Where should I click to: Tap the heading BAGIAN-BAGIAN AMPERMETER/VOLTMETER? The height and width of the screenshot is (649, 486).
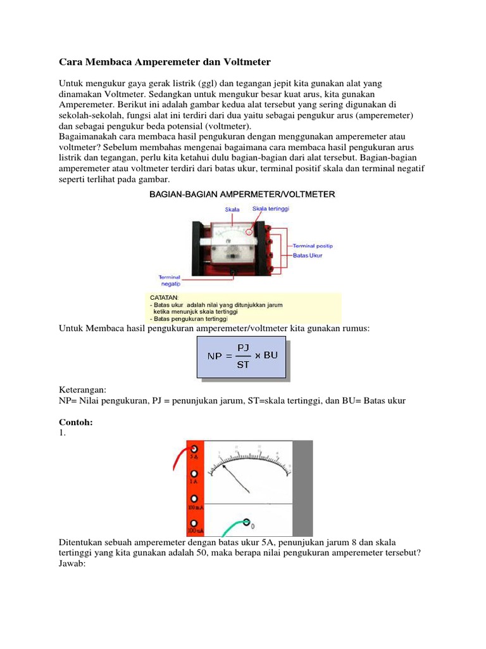point(242,194)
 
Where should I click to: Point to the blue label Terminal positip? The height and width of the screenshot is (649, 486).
point(313,245)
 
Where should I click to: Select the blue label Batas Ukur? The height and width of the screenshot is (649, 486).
point(308,255)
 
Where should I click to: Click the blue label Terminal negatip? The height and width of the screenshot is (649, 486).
point(170,280)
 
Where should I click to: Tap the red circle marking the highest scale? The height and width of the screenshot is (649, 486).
point(250,232)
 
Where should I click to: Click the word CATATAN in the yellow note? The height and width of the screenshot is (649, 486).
point(164,297)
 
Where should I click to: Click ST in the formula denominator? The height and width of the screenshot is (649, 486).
point(243,364)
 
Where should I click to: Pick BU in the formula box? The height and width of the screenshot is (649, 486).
point(270,355)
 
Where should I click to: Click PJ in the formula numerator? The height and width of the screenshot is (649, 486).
point(243,347)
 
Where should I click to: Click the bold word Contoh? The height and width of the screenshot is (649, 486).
point(76,422)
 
